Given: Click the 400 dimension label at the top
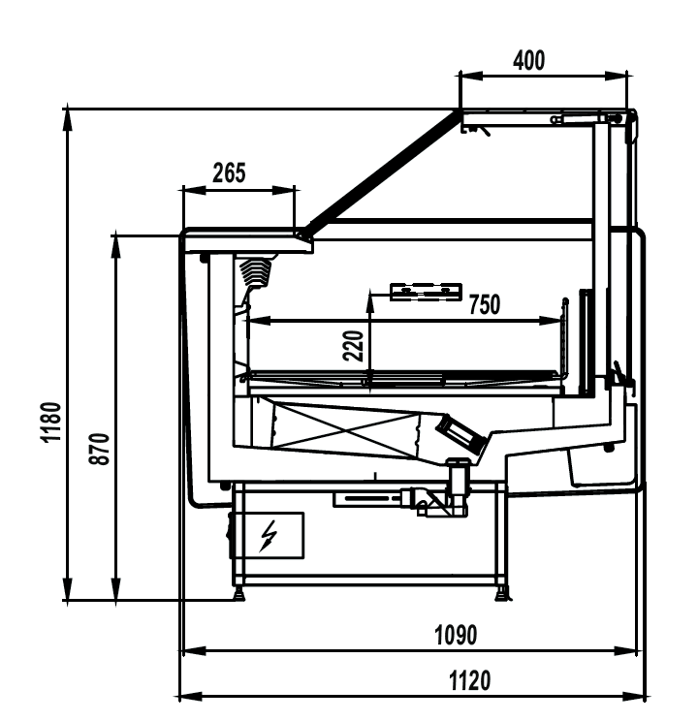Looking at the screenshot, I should pos(528,60).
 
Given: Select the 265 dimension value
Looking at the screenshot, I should pos(229,173).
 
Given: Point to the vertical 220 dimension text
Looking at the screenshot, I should pos(355,346).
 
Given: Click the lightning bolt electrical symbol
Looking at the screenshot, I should pos(270,534).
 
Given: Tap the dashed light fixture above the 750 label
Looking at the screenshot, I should pos(425,290).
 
